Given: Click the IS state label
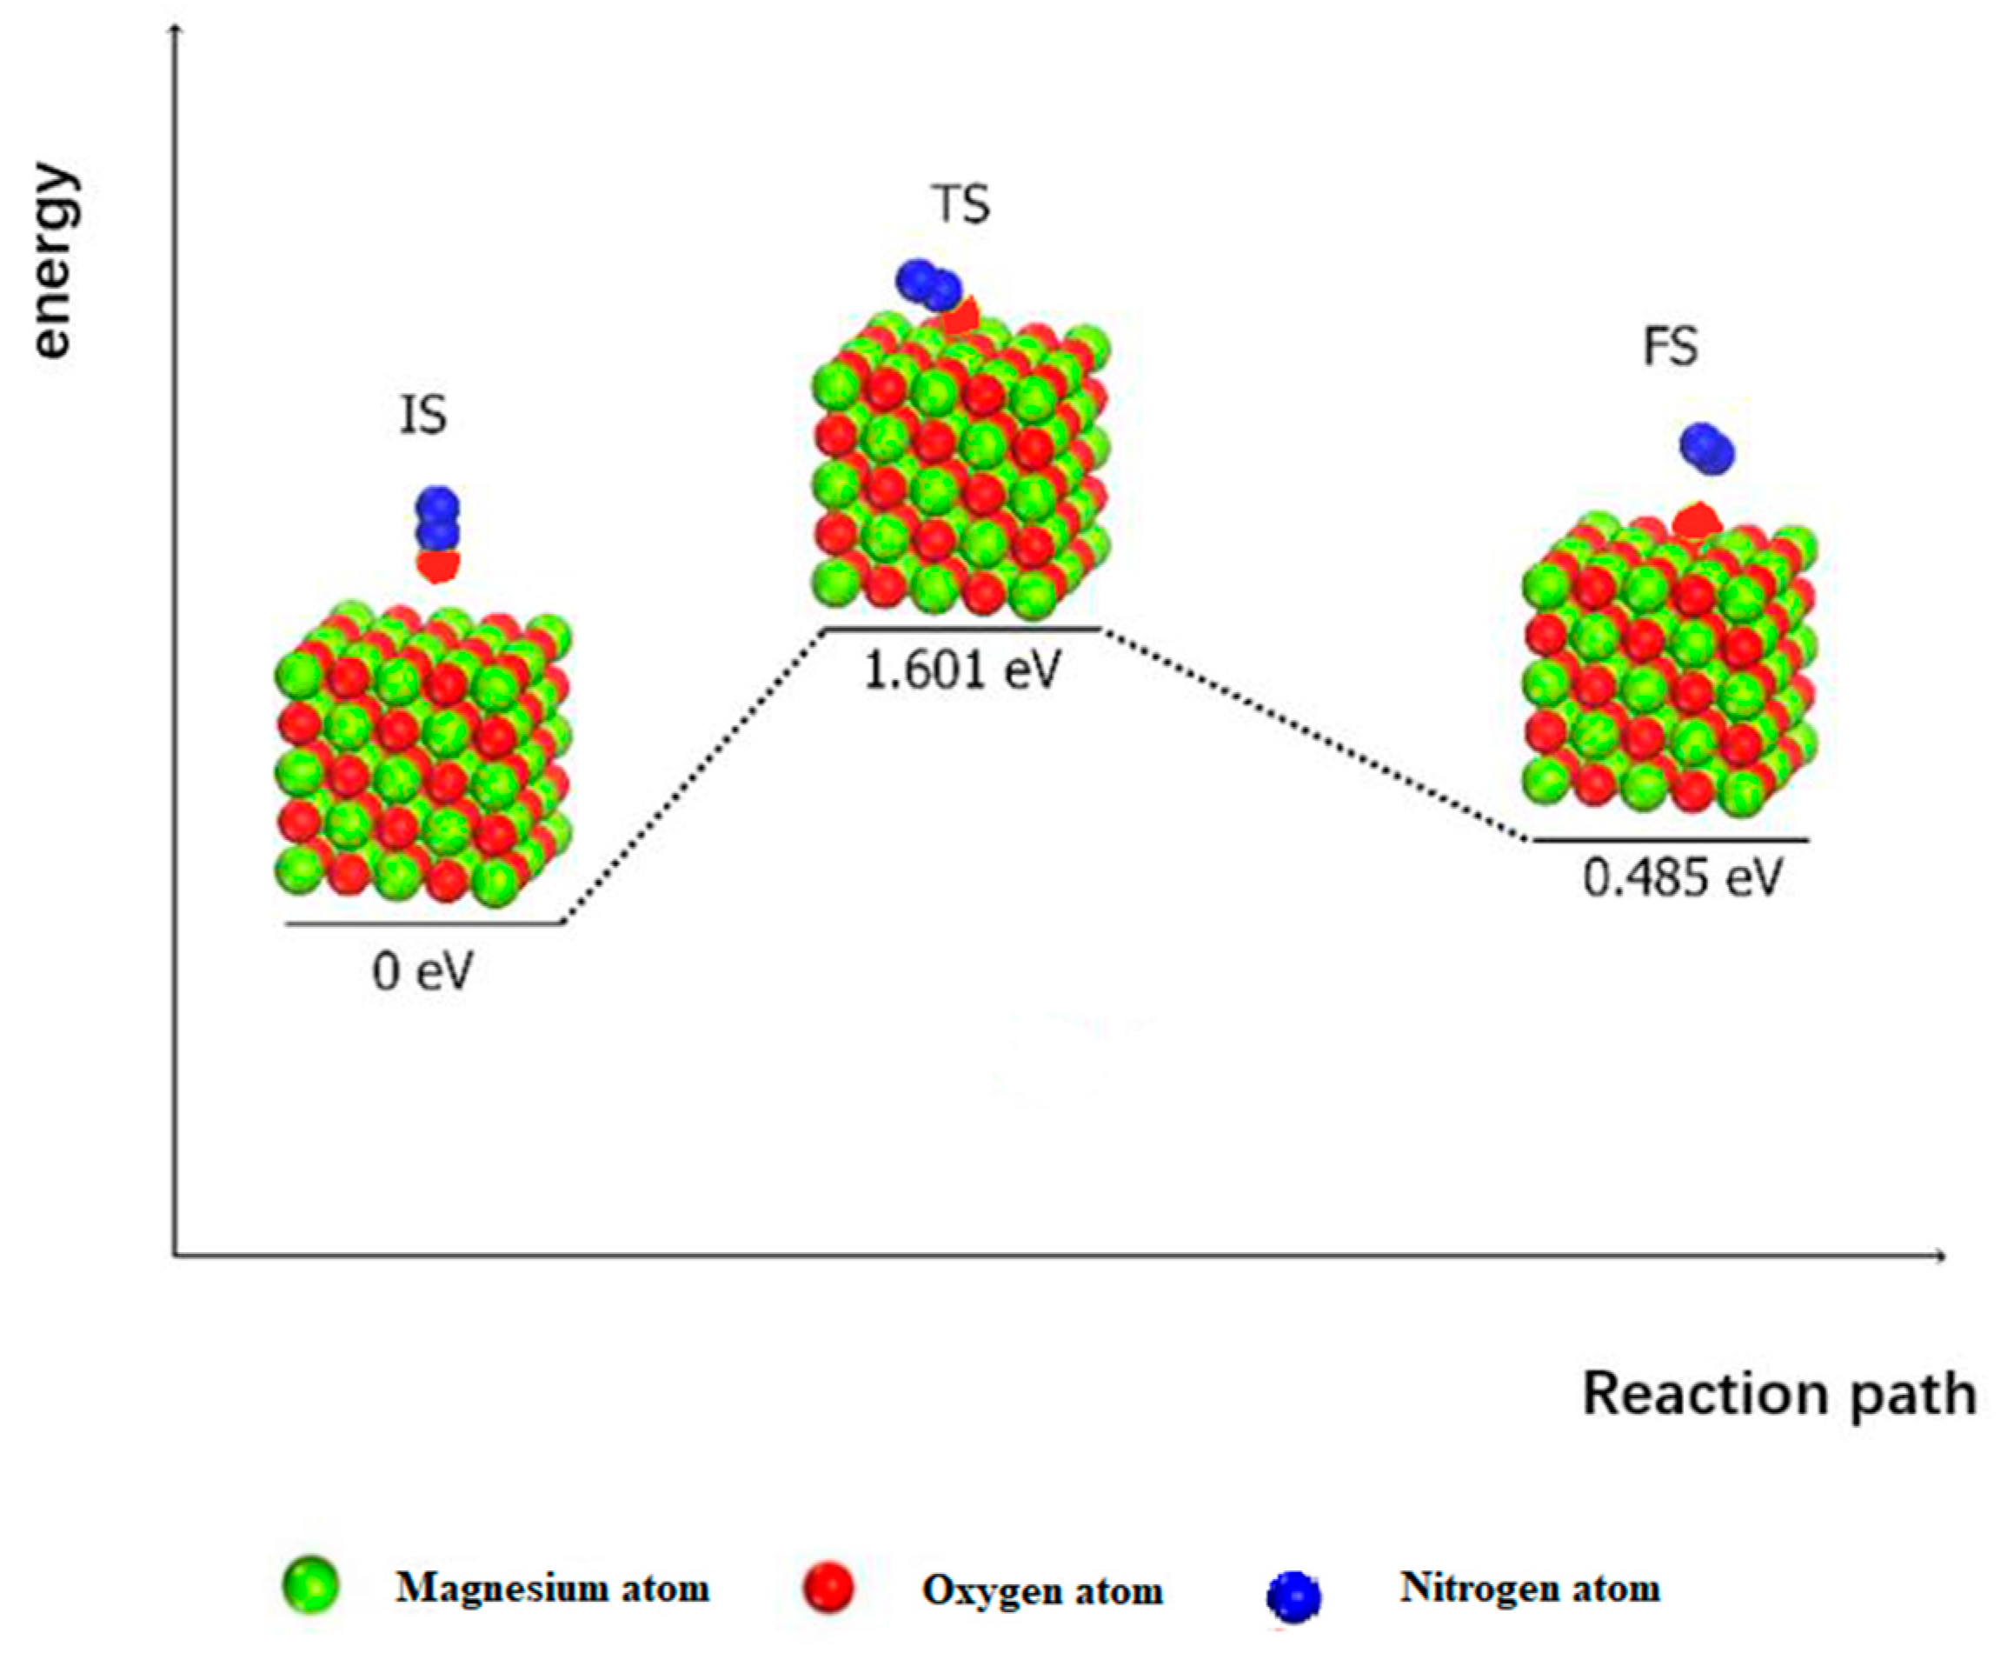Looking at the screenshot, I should (422, 417).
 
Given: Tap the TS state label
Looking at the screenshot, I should (960, 203).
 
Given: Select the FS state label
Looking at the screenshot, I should (1671, 347).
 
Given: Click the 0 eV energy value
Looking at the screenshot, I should (422, 972).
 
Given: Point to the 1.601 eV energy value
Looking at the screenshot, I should (960, 671).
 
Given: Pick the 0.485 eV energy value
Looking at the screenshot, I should (1681, 878).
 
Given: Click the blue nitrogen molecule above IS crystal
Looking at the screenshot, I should (438, 519).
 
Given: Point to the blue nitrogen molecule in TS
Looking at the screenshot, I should (928, 283).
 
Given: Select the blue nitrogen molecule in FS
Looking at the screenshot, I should (1706, 449).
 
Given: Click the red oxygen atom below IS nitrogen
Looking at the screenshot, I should (439, 568).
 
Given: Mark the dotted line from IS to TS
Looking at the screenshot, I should (693, 776).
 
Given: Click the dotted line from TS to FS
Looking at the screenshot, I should (1313, 734).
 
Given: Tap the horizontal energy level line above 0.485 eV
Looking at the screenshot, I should (1670, 840).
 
